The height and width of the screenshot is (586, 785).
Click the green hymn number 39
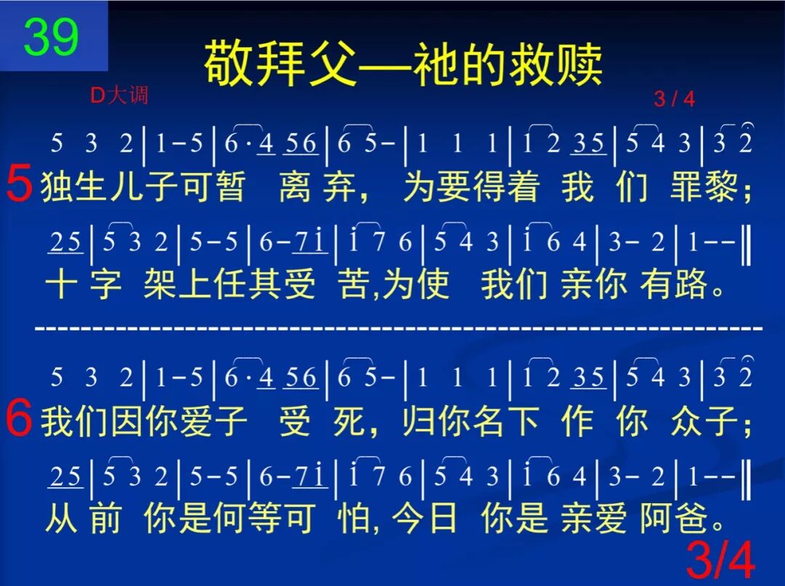(x=50, y=37)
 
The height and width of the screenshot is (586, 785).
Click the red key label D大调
(x=119, y=96)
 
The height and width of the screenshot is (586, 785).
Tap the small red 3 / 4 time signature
(x=674, y=99)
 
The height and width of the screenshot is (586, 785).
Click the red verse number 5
(x=19, y=185)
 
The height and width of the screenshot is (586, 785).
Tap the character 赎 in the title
(x=579, y=63)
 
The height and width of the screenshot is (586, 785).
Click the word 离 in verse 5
(x=295, y=187)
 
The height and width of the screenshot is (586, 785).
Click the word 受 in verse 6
(x=295, y=423)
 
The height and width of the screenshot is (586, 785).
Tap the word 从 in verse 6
(x=61, y=520)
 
